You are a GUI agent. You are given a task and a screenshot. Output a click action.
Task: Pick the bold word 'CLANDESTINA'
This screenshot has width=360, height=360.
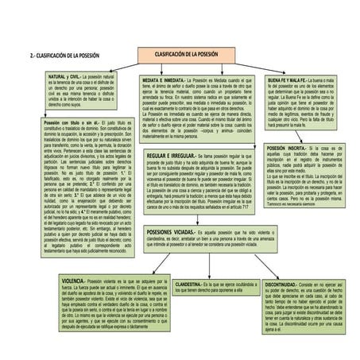pos(188,283)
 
